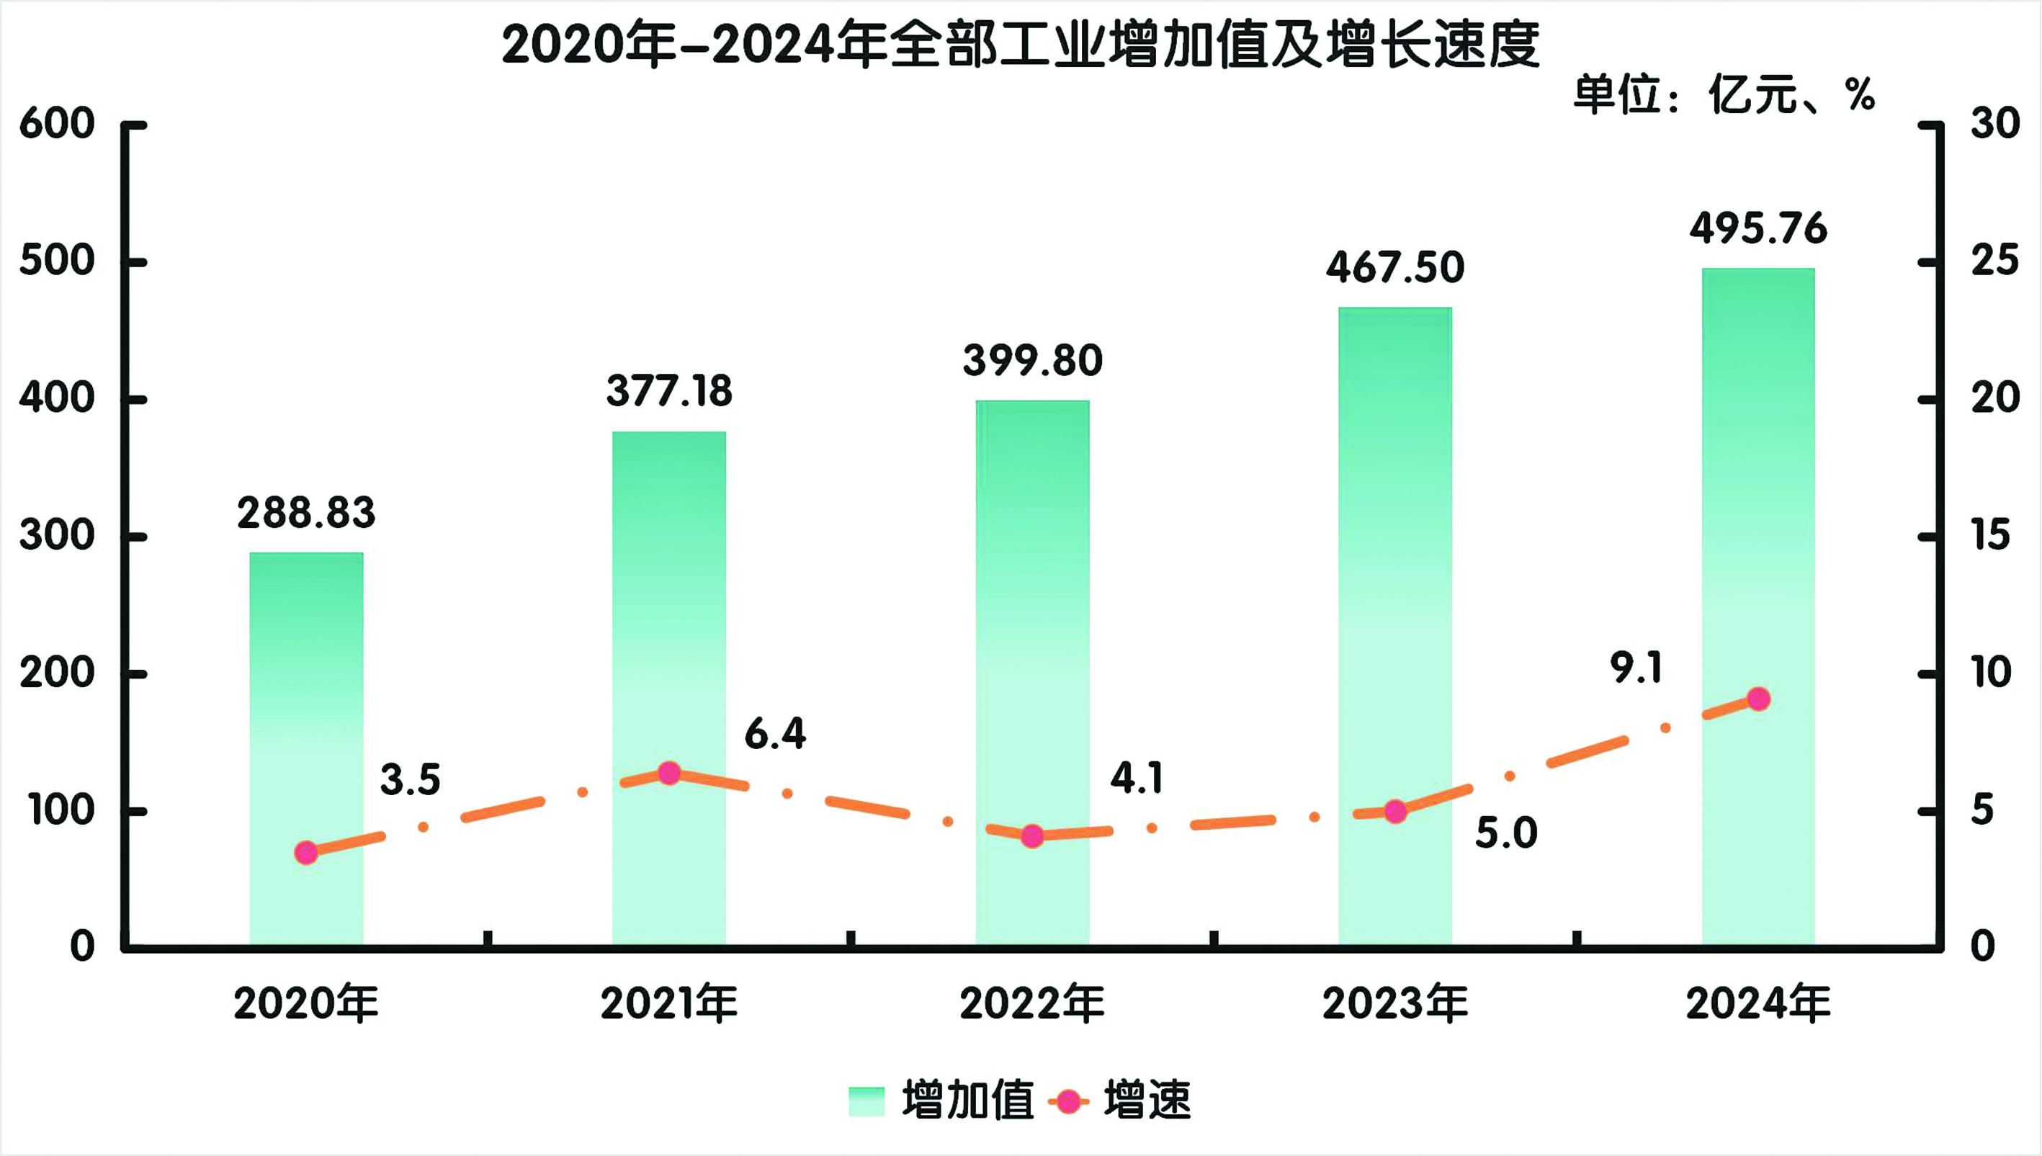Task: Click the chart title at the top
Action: (1020, 45)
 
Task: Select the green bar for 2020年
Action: (306, 746)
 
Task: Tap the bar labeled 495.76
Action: (1757, 604)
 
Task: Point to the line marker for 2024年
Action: (1758, 699)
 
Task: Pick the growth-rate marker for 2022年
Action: (1032, 836)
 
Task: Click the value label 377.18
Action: (669, 391)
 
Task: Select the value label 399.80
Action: (1032, 360)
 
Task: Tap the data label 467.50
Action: (1395, 267)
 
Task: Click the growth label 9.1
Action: (1636, 668)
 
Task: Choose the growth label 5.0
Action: (1506, 833)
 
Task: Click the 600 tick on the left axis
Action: (56, 125)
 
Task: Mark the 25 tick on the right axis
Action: (1994, 261)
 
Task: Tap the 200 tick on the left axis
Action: (56, 674)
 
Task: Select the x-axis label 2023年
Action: (1395, 1004)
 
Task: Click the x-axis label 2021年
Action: (669, 1004)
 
